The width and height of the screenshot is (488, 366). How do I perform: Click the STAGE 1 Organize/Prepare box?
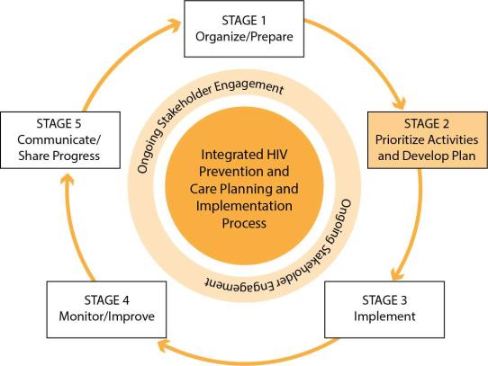(244, 29)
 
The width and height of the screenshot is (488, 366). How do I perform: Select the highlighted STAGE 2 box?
(428, 140)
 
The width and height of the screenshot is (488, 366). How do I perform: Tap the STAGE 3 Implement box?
(384, 309)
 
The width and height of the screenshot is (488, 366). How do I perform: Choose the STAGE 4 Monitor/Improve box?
(106, 309)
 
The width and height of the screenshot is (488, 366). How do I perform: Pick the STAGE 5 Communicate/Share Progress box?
(60, 140)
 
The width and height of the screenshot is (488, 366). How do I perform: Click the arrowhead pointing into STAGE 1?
(175, 25)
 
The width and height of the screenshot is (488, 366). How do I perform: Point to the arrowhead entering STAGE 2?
(399, 103)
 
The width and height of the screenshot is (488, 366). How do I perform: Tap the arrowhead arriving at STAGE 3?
(397, 273)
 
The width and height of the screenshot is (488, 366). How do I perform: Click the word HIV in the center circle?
(274, 155)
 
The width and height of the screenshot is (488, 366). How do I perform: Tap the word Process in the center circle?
(244, 223)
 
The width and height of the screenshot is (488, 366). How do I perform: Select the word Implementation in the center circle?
(244, 206)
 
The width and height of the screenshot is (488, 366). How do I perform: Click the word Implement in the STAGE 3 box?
(384, 317)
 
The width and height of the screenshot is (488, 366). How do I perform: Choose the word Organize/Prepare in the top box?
(244, 37)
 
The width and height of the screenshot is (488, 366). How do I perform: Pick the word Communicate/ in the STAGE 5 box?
(59, 139)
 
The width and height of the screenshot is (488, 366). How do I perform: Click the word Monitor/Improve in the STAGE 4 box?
(107, 317)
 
